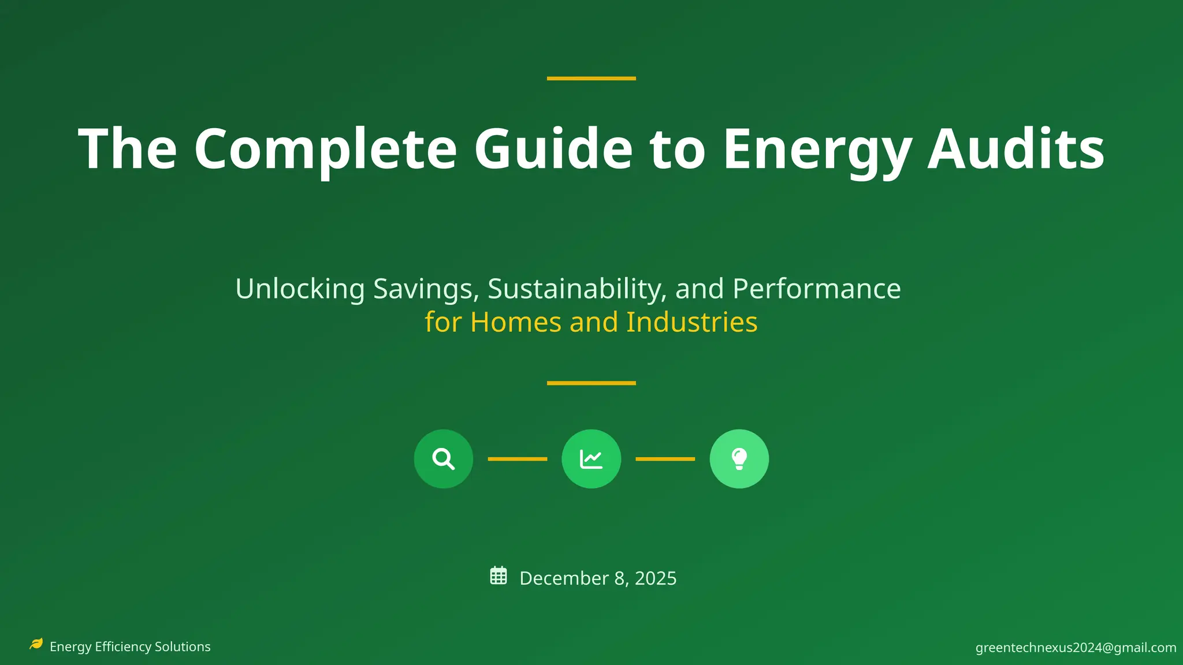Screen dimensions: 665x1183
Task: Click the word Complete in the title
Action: pyautogui.click(x=325, y=150)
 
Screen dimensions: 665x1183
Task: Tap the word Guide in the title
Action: pyautogui.click(x=553, y=150)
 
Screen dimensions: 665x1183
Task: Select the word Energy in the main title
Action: pyautogui.click(x=817, y=150)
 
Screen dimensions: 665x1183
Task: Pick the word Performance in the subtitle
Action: pyautogui.click(x=816, y=289)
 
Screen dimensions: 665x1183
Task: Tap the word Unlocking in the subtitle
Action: pyautogui.click(x=300, y=289)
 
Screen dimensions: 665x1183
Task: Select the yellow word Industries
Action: pyautogui.click(x=691, y=322)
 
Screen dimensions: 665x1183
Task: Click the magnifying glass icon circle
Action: pyautogui.click(x=444, y=459)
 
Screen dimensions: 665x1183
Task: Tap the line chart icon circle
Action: pyautogui.click(x=591, y=459)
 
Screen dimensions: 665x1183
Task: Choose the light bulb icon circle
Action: pyautogui.click(x=739, y=459)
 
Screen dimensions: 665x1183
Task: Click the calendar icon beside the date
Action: pyautogui.click(x=499, y=576)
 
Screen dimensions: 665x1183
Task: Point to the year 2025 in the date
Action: pyautogui.click(x=656, y=578)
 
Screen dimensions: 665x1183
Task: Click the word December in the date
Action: pyautogui.click(x=564, y=578)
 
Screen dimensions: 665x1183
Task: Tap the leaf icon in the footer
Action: pyautogui.click(x=36, y=644)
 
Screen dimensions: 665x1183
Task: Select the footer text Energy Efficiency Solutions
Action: pyautogui.click(x=130, y=647)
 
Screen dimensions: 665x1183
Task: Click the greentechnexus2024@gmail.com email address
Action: pyautogui.click(x=1076, y=648)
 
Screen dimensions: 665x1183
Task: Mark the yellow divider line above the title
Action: pyautogui.click(x=591, y=78)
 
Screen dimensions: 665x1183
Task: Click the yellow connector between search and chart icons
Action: pyautogui.click(x=518, y=459)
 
